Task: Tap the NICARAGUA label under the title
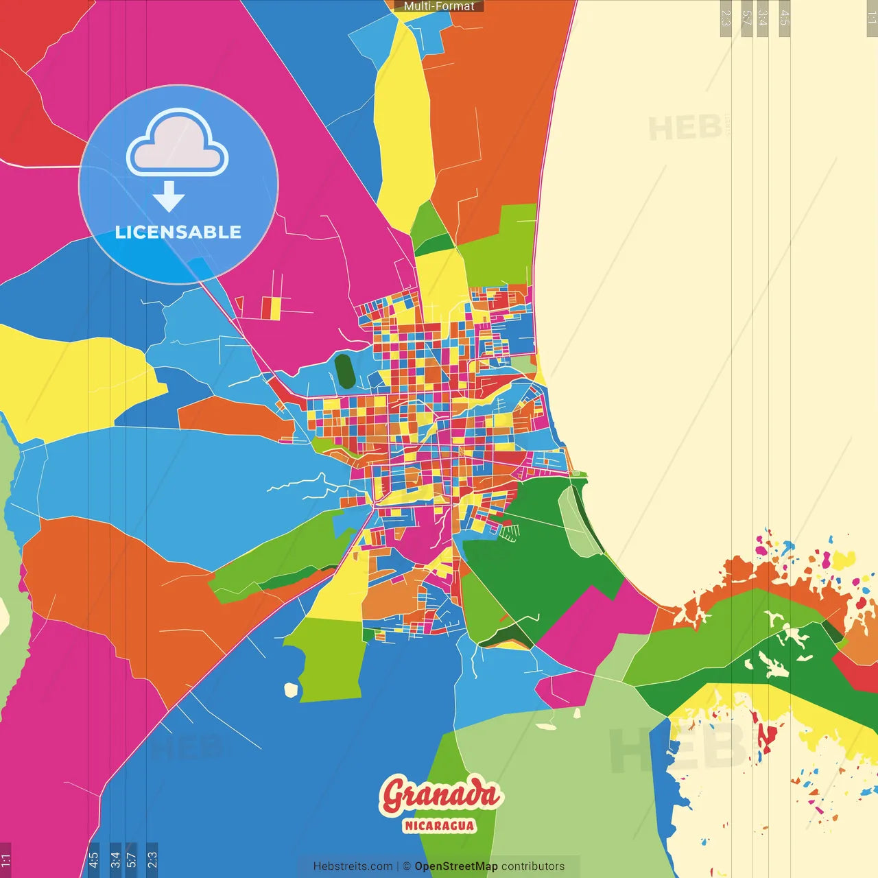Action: [439, 825]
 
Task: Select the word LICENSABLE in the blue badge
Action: [178, 233]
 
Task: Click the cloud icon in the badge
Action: [177, 143]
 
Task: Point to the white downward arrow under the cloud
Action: [169, 197]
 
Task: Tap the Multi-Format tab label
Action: [439, 6]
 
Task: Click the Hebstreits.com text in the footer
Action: [353, 866]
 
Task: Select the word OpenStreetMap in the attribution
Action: [455, 866]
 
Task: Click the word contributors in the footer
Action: [533, 866]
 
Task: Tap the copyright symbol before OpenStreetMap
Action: [407, 866]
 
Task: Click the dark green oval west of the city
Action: [345, 372]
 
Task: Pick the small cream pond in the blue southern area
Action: [292, 689]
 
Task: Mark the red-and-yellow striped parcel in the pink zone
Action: [271, 308]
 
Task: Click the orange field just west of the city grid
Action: [233, 416]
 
